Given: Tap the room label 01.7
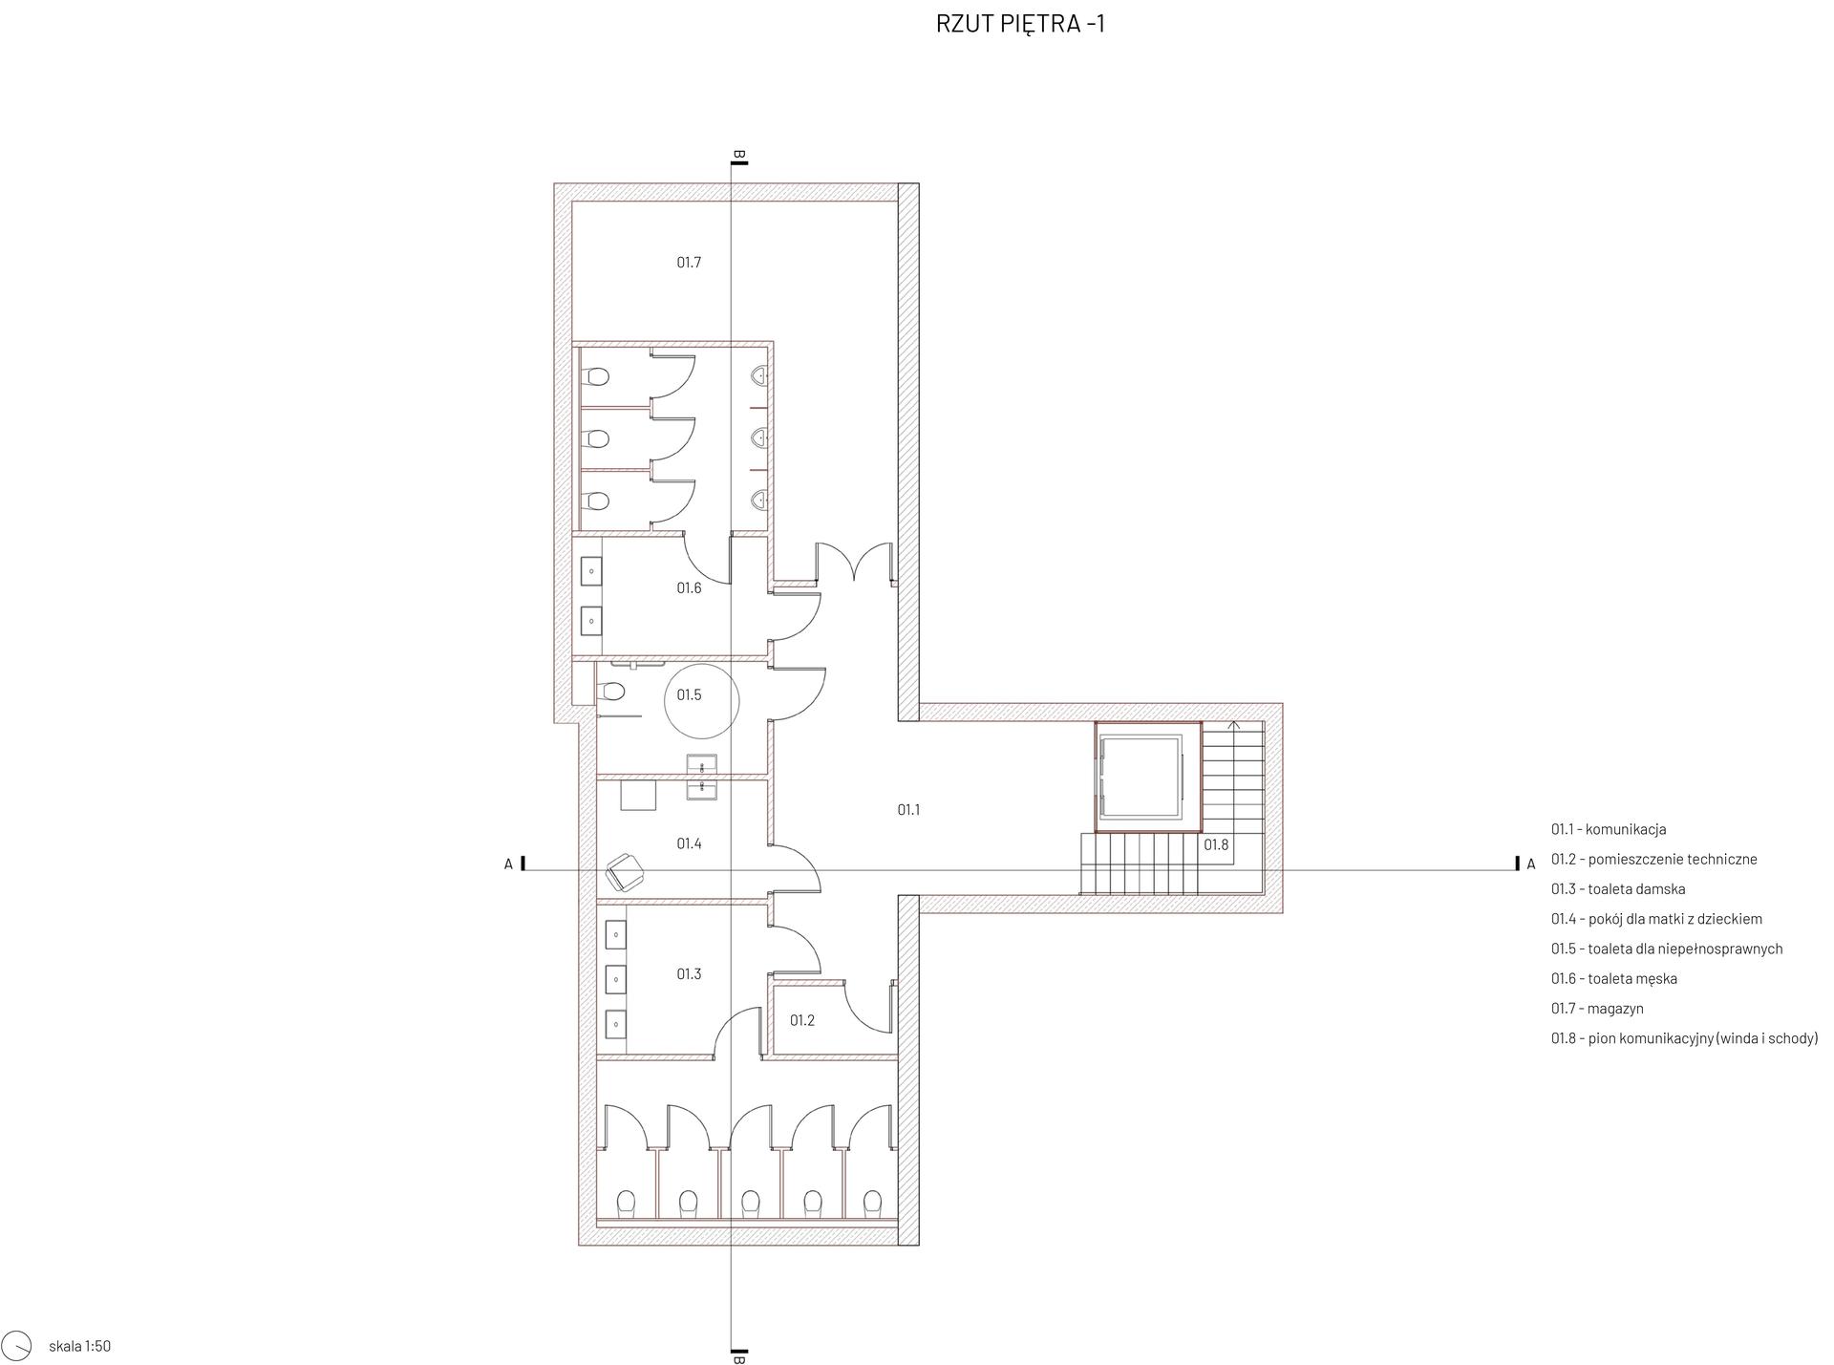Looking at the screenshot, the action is (689, 263).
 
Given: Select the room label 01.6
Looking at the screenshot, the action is (689, 588).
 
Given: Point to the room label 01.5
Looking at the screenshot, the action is (689, 695).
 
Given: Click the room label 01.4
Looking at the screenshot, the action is (689, 844).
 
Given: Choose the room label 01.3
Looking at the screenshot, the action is (689, 974).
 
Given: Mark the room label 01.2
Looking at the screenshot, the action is (802, 1021).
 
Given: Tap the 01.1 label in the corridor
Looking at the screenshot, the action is (908, 810).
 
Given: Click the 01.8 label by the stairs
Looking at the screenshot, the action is (1216, 845).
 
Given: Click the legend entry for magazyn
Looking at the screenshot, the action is (1597, 1009).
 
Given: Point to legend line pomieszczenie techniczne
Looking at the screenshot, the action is (1654, 860).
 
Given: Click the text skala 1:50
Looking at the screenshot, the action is (80, 1347).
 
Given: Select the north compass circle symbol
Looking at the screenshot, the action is (17, 1344).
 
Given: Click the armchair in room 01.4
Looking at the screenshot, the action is (626, 871).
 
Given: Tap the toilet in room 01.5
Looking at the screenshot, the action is (609, 691).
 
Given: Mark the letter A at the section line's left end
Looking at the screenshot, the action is (508, 864).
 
